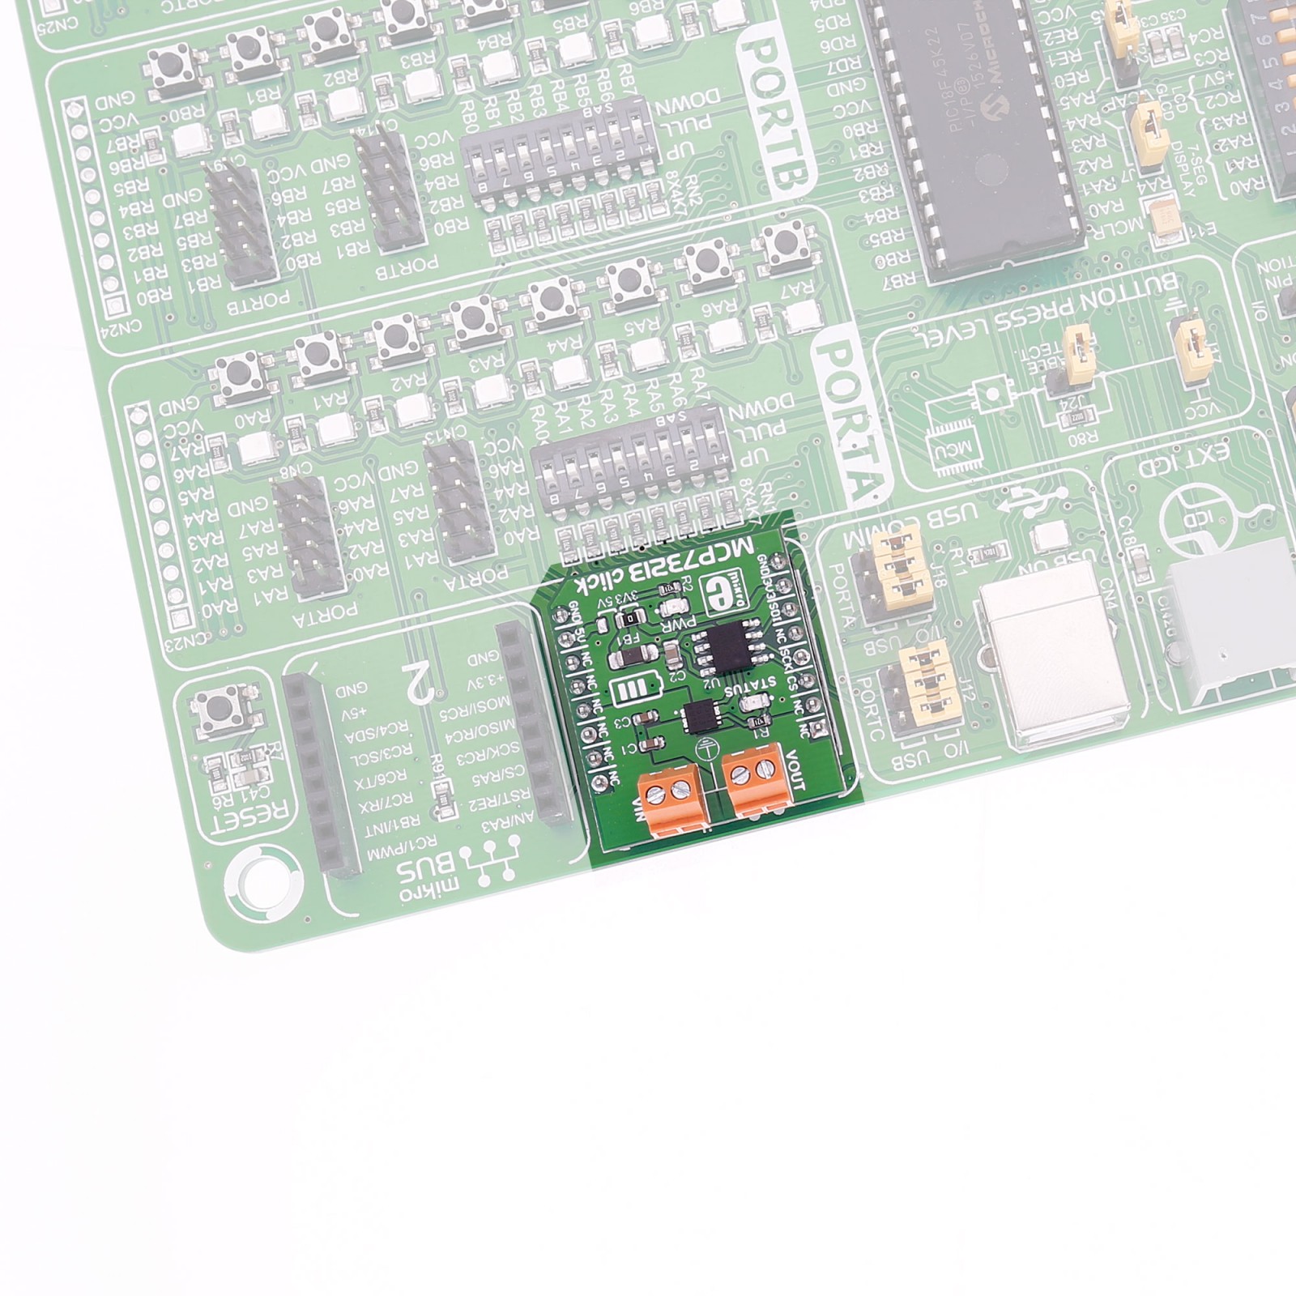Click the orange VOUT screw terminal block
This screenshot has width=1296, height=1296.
755,778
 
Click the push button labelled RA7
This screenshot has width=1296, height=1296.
782,245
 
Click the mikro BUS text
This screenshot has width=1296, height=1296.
429,875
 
